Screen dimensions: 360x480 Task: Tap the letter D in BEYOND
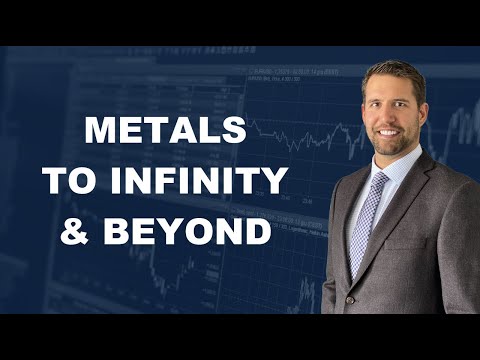pyautogui.click(x=257, y=232)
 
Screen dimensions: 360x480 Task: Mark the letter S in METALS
pyautogui.click(x=233, y=130)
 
